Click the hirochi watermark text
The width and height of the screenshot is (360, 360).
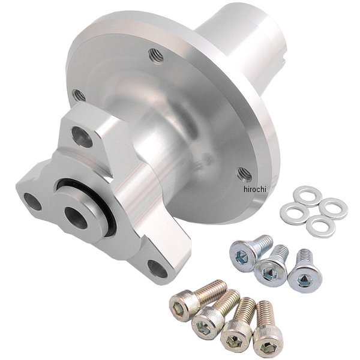pos(254,190)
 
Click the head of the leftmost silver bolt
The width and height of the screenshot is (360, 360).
pos(243,253)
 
